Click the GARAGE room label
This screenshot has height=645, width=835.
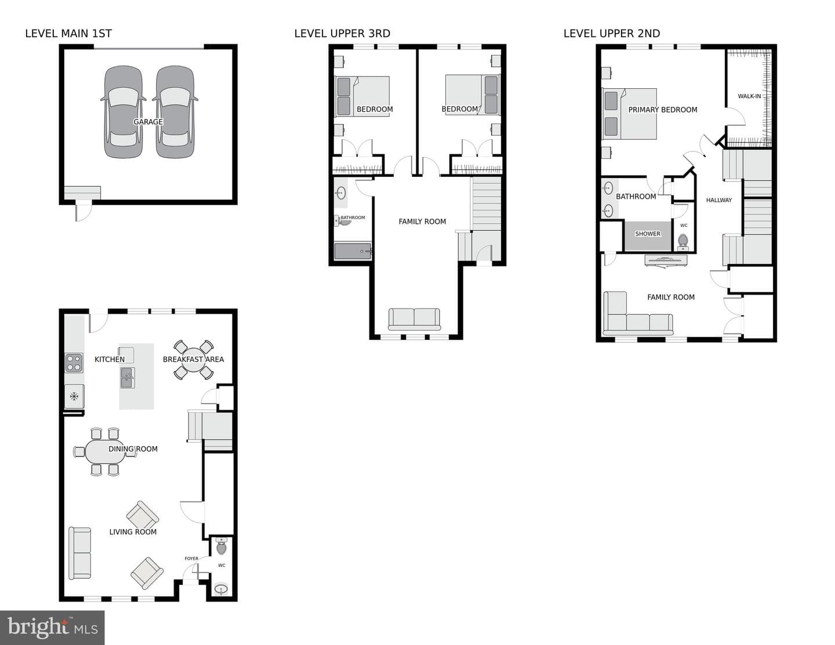148,122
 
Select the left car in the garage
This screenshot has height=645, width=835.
124,111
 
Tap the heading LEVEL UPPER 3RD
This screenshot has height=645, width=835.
342,34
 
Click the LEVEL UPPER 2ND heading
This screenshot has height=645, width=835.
612,34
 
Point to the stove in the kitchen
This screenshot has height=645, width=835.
74,363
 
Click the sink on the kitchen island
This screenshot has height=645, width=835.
128,378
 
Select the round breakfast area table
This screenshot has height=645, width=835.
194,360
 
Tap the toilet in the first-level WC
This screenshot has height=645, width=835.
222,546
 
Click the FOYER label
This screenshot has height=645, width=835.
191,559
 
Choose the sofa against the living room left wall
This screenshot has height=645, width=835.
80,553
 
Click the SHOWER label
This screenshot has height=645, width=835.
648,234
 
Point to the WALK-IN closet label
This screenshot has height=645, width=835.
749,96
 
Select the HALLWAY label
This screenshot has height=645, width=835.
719,200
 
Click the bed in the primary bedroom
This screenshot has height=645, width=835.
629,114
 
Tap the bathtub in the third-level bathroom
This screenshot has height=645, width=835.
353,251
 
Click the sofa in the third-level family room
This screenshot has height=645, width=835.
414,319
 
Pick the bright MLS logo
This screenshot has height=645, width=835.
52,627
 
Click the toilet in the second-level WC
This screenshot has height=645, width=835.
683,242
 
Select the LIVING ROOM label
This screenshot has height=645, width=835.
133,532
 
